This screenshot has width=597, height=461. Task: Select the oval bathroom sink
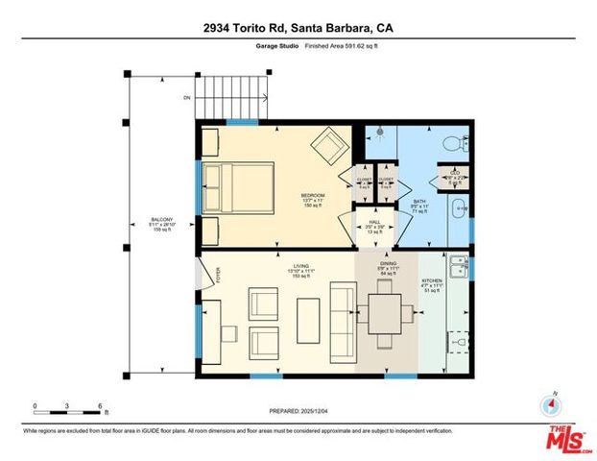(x=460, y=207)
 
